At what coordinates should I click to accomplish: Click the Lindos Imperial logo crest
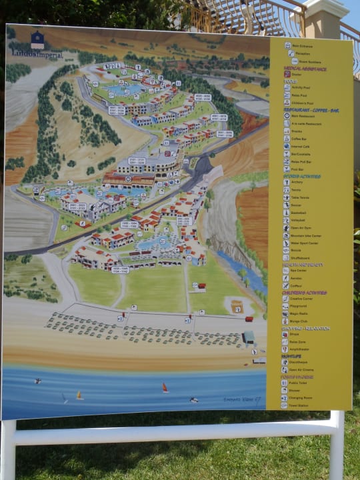pos(37,39)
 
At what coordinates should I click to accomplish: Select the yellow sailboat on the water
pos(79,395)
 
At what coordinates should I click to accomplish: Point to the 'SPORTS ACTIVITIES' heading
pos(301,177)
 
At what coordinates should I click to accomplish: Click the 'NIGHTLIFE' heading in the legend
pos(293,356)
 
